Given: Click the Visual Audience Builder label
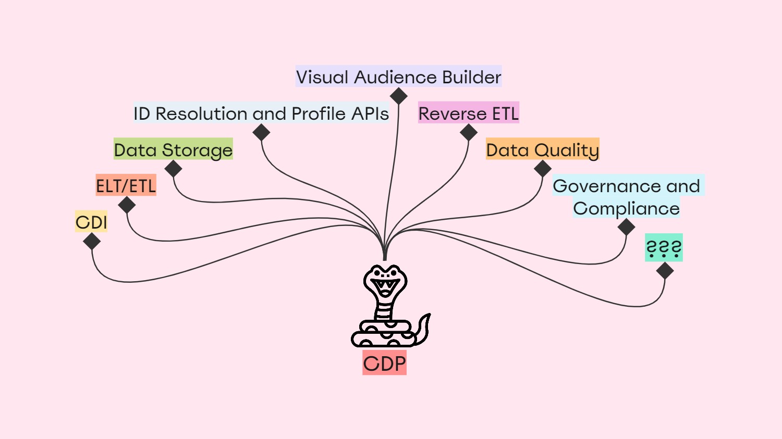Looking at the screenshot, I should click(398, 77).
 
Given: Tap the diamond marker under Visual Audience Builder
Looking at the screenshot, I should click(399, 96).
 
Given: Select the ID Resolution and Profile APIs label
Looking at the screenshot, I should click(261, 114).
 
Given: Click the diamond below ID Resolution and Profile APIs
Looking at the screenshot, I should click(261, 132).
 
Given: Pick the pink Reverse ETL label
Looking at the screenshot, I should click(468, 113).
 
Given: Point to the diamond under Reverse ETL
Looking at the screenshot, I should click(469, 132).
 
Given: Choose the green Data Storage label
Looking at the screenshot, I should click(173, 150).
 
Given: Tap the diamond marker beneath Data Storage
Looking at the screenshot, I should click(173, 169).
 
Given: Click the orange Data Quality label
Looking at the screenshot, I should click(542, 149).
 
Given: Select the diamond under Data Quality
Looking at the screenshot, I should click(543, 169).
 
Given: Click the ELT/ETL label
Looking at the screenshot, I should click(126, 186).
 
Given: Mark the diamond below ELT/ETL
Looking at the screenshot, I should click(127, 205).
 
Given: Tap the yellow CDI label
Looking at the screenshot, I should click(91, 222).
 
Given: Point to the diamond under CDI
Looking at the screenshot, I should click(92, 242).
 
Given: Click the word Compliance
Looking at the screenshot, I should click(626, 209).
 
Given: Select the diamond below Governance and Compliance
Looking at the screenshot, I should click(626, 227).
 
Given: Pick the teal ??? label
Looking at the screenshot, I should click(664, 248).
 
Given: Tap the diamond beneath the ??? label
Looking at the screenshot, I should click(665, 271).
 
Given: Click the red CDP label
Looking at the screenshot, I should click(384, 363).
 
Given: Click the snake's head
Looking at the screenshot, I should click(385, 281).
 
